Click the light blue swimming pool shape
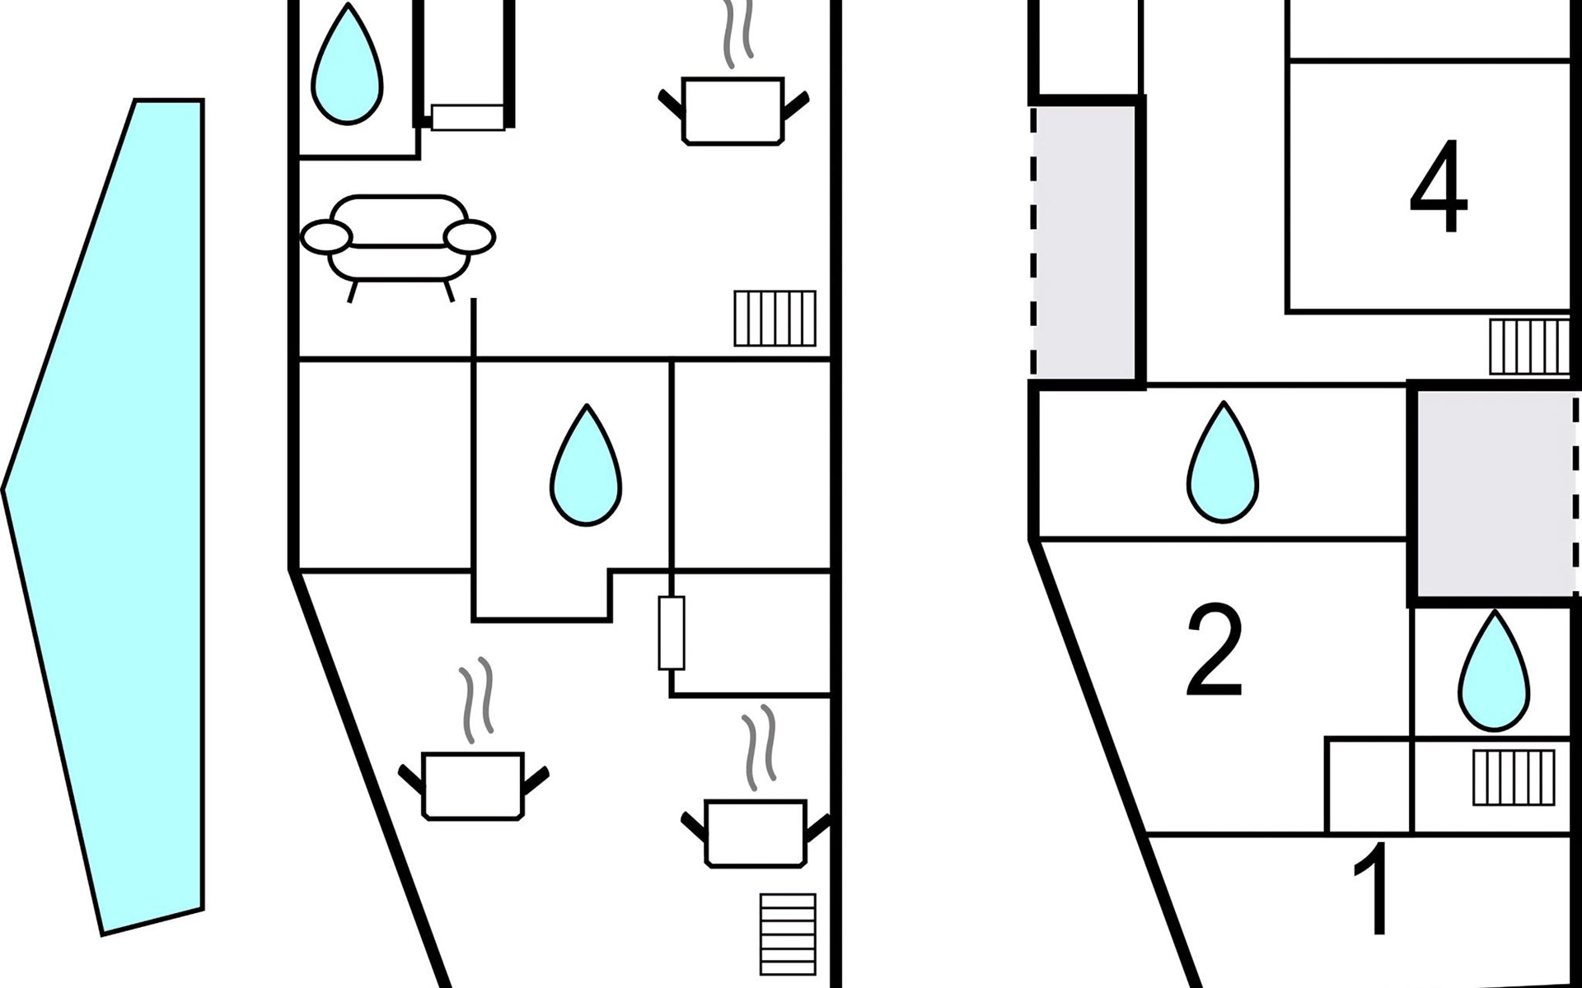point(124,510)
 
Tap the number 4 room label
point(1439,188)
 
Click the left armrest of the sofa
point(326,237)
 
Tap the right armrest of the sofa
point(470,237)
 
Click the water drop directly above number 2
point(1223,466)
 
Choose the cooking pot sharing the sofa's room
point(732,110)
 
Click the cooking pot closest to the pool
point(473,785)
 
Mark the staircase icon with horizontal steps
point(789,934)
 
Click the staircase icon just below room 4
point(1529,347)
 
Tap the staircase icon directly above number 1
point(1514,777)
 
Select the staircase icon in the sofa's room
point(775,319)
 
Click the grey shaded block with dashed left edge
point(1084,243)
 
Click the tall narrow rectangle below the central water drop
point(672,632)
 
